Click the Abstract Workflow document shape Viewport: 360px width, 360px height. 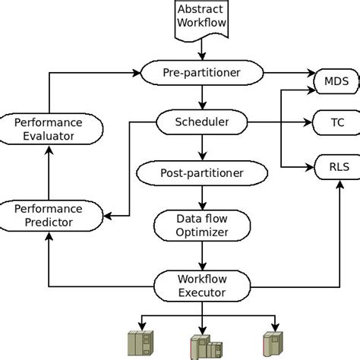[x=201, y=18]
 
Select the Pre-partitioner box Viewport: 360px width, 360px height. [x=201, y=73]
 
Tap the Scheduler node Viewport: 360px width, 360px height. [x=201, y=121]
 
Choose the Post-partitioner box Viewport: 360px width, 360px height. [x=201, y=173]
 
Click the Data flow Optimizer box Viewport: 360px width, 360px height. [x=201, y=225]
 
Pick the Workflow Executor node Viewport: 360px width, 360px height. [x=201, y=286]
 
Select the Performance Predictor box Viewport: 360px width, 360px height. [x=49, y=215]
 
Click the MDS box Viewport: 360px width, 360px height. [x=336, y=80]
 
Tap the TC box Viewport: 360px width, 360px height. [x=336, y=121]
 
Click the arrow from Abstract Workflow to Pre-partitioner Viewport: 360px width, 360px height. [x=201, y=51]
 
